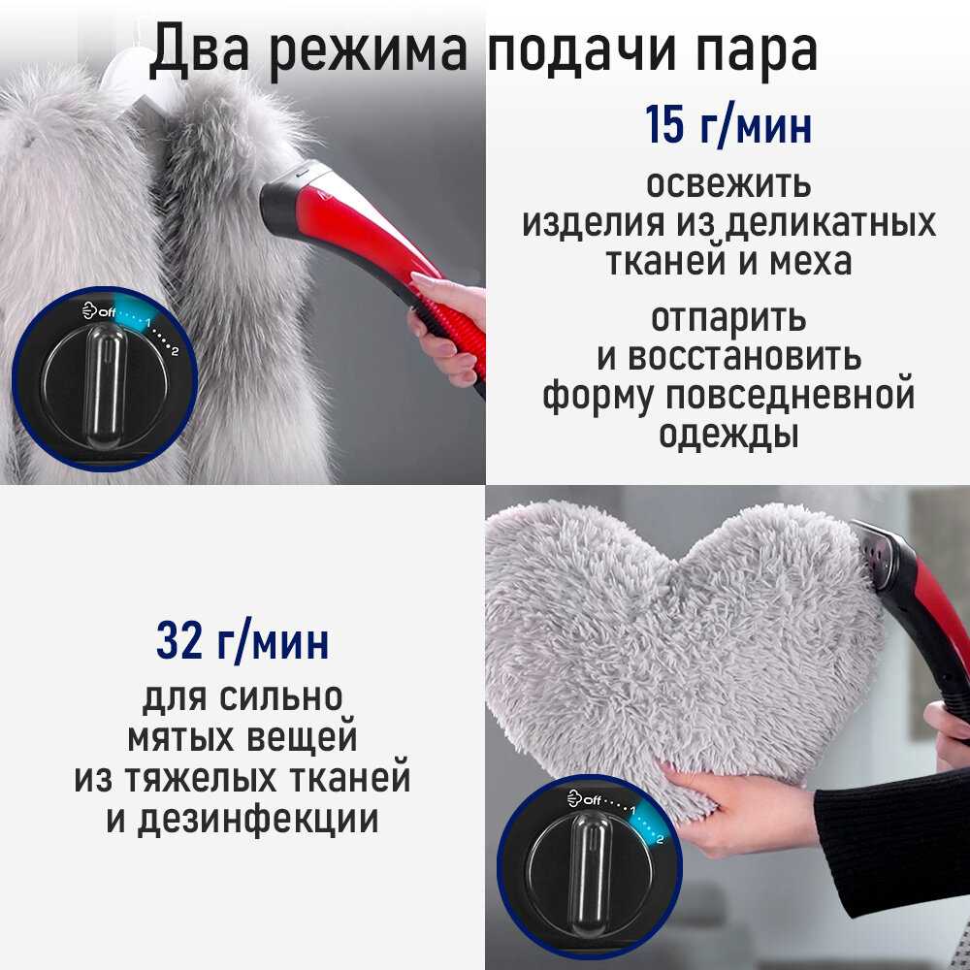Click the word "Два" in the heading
[x=199, y=49]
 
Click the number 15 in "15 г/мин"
[x=665, y=124]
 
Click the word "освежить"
[x=728, y=184]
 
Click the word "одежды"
[x=728, y=435]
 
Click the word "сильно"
[x=281, y=697]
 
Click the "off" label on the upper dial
[x=107, y=311]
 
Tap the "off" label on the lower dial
[x=592, y=800]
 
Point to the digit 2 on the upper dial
[x=175, y=351]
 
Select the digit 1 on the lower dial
[x=633, y=809]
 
